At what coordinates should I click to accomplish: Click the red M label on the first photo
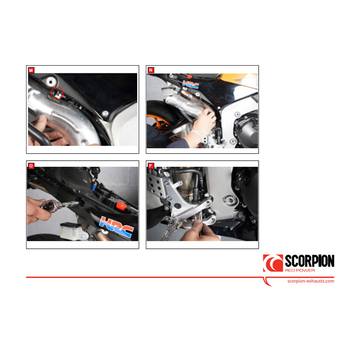pos(31,70)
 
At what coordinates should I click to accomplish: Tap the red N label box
pos(151,70)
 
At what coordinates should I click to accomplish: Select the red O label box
pos(31,166)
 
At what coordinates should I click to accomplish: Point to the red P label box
pos(151,166)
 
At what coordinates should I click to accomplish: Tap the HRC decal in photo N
pos(191,85)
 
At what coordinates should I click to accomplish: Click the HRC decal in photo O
pos(117,226)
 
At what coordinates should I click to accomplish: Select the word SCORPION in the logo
pos(310,261)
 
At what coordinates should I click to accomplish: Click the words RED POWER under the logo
pos(300,270)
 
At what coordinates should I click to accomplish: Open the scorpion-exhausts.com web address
pos(310,281)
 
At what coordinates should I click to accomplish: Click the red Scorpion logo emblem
pos(273,263)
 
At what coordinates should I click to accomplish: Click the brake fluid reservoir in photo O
pos(73,231)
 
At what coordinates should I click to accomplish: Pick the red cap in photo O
pos(121,206)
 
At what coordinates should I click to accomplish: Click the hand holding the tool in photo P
pos(199,231)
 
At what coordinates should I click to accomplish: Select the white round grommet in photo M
pos(50,81)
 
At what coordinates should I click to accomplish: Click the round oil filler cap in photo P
pos(230,201)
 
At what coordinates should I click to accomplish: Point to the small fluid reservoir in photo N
pos(169,91)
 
